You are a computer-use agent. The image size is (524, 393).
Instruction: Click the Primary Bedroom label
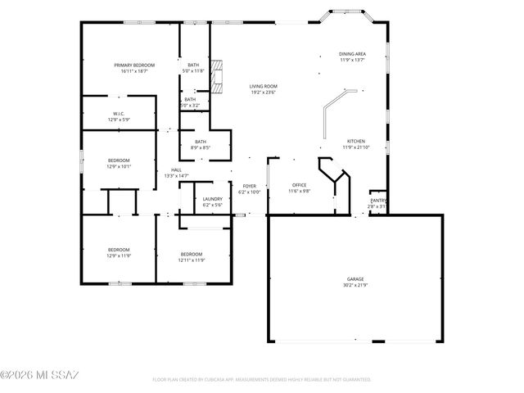134,65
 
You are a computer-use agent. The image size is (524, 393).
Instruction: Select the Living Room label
264,86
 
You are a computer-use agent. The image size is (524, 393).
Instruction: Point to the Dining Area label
352,54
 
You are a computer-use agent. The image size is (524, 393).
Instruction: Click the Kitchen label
355,141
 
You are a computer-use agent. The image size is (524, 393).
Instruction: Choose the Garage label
355,278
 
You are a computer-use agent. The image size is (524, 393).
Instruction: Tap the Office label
299,186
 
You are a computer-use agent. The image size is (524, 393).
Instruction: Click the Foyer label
250,186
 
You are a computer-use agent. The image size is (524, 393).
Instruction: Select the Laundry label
213,199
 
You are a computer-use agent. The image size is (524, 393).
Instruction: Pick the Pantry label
377,201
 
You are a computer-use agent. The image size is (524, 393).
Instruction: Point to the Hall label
176,169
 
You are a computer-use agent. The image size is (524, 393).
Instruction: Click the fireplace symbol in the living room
217,77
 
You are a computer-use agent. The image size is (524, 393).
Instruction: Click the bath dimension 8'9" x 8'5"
201,147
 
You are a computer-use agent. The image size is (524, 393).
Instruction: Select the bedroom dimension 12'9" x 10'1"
119,166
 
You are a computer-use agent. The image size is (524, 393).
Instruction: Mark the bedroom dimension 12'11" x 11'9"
192,260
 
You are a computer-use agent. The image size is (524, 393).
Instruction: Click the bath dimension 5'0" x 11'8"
193,71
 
